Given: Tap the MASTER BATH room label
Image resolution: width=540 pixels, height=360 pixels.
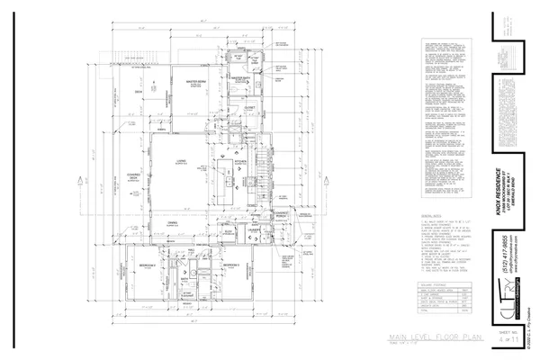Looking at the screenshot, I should point(238,79).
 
